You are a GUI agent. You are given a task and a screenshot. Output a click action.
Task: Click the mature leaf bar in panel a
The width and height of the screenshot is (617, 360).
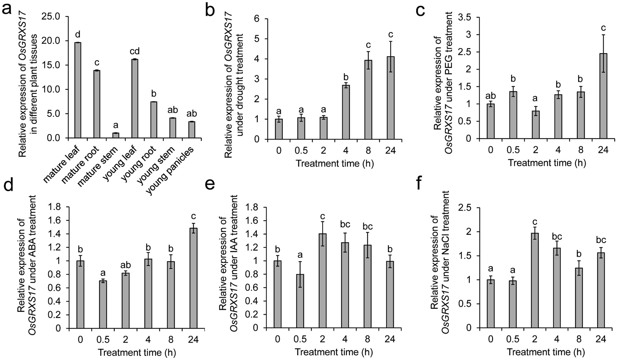click(x=78, y=90)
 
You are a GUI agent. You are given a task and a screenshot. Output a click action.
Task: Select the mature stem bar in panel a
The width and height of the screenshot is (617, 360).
click(x=116, y=135)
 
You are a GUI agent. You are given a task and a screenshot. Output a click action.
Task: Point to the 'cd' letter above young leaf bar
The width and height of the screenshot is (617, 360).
click(x=135, y=51)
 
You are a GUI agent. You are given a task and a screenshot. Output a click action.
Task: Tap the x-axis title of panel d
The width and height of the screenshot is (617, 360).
click(x=136, y=353)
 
